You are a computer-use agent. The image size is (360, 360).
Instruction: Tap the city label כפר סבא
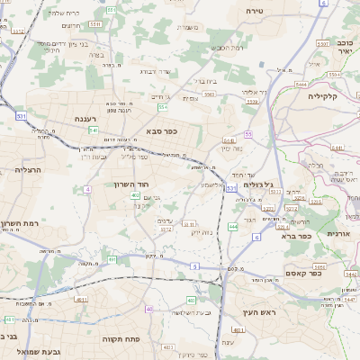coord(160,130)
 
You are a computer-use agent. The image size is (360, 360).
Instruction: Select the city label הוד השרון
coord(163,184)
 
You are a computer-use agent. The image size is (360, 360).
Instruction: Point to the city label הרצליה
coord(30,169)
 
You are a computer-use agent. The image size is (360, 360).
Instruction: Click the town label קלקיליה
coord(322,95)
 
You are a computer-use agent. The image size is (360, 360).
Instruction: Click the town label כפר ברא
coord(295,237)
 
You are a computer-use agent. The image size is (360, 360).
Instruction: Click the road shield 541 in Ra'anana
coord(94,130)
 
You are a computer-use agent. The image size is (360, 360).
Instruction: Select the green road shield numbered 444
coord(233,227)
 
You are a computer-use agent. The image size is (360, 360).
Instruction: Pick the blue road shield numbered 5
coord(194,266)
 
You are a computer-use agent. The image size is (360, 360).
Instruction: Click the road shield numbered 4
coord(87,190)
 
